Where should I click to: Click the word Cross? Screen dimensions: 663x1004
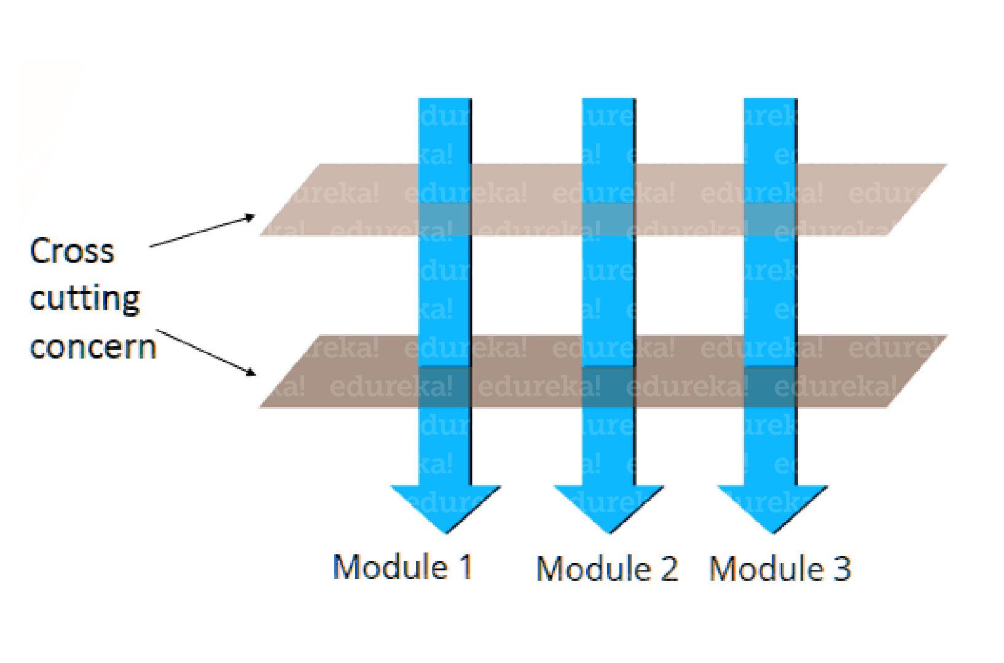[72, 251]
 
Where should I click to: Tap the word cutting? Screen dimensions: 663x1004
[85, 299]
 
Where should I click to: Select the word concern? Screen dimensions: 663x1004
[93, 347]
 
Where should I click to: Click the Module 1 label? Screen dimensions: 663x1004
[402, 567]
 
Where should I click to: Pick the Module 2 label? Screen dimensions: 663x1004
[607, 568]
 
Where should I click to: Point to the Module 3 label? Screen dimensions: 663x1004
[780, 568]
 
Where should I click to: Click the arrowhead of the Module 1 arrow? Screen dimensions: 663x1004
[445, 507]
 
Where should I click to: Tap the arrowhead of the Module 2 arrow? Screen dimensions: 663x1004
[609, 507]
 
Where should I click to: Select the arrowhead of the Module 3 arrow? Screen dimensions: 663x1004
[772, 507]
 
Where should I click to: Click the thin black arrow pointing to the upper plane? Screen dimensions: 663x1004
[202, 231]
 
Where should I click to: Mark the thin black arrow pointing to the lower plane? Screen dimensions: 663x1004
[206, 352]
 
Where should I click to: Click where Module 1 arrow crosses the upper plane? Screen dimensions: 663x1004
[445, 219]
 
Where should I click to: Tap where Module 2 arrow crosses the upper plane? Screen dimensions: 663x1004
[608, 219]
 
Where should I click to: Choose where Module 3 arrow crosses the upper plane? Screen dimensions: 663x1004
[771, 219]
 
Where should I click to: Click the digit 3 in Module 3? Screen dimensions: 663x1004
[842, 568]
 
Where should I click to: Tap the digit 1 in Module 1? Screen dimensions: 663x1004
[465, 567]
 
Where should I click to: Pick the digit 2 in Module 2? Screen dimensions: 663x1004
[669, 568]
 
